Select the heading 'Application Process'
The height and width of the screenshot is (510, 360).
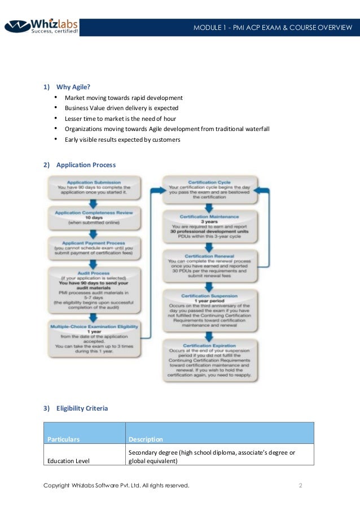pos(86,165)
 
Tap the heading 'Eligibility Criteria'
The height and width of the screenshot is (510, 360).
pos(82,408)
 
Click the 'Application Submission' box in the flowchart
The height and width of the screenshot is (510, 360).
pos(94,188)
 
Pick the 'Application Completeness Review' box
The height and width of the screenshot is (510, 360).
pos(94,217)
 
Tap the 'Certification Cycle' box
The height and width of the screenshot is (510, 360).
pos(209,190)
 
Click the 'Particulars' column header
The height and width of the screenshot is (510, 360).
pos(63,439)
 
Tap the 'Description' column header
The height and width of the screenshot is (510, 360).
pos(146,439)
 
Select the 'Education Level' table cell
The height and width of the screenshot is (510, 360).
pos(68,461)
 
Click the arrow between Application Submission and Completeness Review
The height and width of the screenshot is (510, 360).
pos(94,203)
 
